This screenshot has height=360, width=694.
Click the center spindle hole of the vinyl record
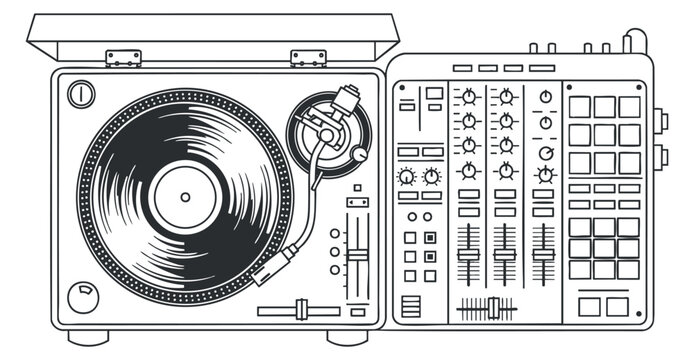185,194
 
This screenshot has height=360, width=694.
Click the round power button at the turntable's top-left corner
81,95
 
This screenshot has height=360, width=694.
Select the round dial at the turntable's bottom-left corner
83,296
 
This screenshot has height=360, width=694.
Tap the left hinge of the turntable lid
123,58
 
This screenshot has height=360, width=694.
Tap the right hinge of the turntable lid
308,58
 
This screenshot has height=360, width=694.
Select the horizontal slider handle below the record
300,310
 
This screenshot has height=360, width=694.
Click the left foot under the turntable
88,337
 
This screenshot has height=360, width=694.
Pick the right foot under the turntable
347,337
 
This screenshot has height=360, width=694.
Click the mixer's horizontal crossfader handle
492,308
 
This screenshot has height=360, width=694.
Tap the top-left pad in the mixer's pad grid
580,107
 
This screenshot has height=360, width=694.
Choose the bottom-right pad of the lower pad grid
628,269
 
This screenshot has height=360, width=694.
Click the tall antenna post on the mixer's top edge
628,42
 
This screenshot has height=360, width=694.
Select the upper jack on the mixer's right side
661,121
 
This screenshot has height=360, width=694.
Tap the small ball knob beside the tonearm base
359,154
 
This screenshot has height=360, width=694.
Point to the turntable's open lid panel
212,36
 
